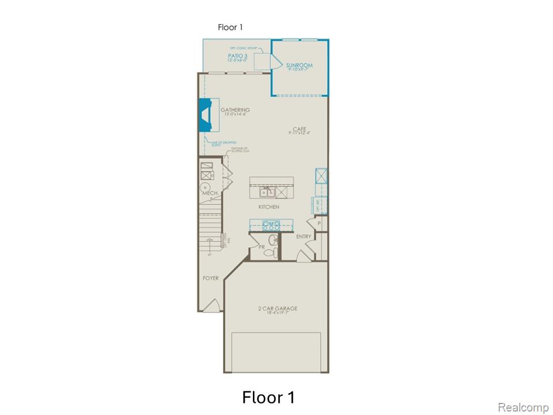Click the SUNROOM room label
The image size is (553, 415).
(x=298, y=66)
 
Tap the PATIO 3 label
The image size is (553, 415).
(x=238, y=56)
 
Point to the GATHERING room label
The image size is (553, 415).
(x=235, y=110)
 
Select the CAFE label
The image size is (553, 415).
(x=299, y=129)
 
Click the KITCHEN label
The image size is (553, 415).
(x=268, y=207)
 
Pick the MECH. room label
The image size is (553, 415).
(x=209, y=194)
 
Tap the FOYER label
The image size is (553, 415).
(x=211, y=278)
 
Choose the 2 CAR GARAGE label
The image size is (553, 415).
(x=278, y=309)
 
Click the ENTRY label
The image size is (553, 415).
(x=304, y=237)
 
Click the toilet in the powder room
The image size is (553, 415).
(x=274, y=251)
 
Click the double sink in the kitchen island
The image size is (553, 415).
(x=267, y=192)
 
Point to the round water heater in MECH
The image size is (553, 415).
(x=204, y=188)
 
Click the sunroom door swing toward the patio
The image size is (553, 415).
(x=266, y=60)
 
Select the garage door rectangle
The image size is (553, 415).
(x=276, y=352)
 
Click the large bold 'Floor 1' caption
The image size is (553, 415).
(x=268, y=397)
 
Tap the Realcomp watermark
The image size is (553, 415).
(x=523, y=408)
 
